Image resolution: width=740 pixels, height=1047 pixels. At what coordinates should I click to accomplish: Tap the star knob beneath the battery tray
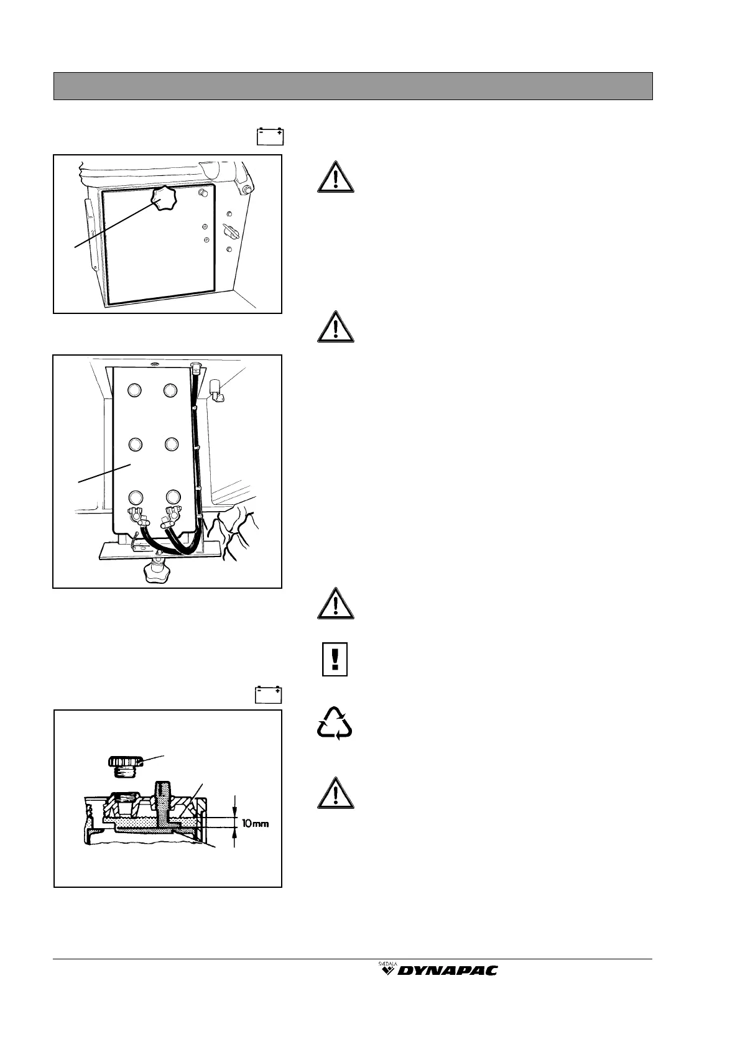coord(155,571)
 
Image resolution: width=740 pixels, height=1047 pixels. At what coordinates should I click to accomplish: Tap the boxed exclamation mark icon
coord(335,659)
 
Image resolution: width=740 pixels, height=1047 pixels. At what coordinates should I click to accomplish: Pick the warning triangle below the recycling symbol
coord(335,793)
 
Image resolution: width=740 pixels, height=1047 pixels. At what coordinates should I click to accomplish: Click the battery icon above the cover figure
coord(271,136)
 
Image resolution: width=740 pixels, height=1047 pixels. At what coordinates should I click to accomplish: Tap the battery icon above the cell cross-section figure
coord(269,694)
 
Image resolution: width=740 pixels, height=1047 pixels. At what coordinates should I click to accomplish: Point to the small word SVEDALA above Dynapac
coord(388,964)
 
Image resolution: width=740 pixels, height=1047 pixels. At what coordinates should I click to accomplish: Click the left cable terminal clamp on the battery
coord(136,515)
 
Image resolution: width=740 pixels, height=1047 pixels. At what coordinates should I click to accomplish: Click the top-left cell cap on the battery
coord(135,390)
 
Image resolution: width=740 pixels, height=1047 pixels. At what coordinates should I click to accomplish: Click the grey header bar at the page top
coord(353,86)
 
